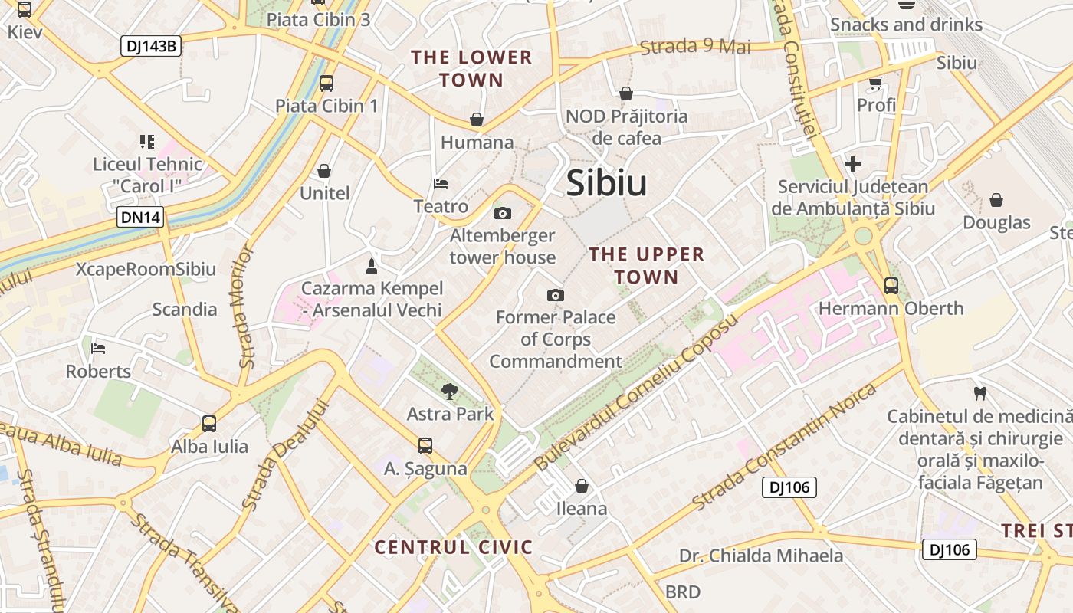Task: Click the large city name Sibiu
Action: pyautogui.click(x=606, y=184)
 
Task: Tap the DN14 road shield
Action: pyautogui.click(x=141, y=218)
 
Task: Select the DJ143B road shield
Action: pyautogui.click(x=150, y=47)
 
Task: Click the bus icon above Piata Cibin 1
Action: pyautogui.click(x=326, y=84)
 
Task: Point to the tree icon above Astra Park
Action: pyautogui.click(x=450, y=392)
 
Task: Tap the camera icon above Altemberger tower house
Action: pyautogui.click(x=503, y=213)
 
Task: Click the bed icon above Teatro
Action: pyautogui.click(x=441, y=184)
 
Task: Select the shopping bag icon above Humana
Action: pyautogui.click(x=477, y=120)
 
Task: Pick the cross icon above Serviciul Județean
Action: pyautogui.click(x=852, y=164)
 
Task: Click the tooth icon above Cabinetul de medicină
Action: pyautogui.click(x=979, y=394)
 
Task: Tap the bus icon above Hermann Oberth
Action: pyautogui.click(x=891, y=286)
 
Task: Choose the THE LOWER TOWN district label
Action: pyautogui.click(x=471, y=68)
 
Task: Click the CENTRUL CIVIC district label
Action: pyautogui.click(x=453, y=547)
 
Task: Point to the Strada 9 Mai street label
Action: pyautogui.click(x=695, y=47)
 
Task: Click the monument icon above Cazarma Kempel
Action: pyautogui.click(x=372, y=266)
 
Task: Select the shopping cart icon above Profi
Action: pyautogui.click(x=875, y=83)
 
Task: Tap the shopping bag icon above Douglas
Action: pyautogui.click(x=996, y=200)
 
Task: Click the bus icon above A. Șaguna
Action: pyautogui.click(x=425, y=445)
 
